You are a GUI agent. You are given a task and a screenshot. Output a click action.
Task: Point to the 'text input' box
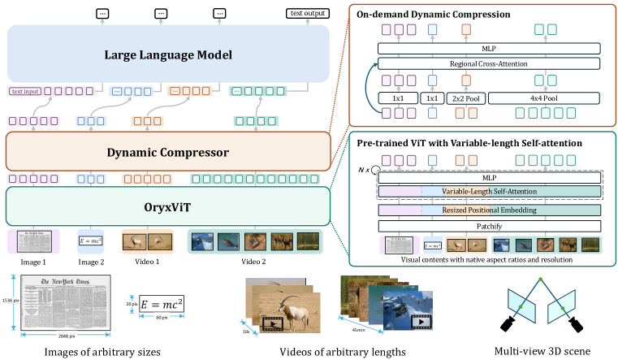point(25,92)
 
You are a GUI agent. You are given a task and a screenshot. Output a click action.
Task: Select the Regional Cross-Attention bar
point(486,63)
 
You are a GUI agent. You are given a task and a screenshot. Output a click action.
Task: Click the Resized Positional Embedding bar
point(487,209)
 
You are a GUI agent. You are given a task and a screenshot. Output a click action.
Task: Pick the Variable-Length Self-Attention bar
point(487,192)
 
